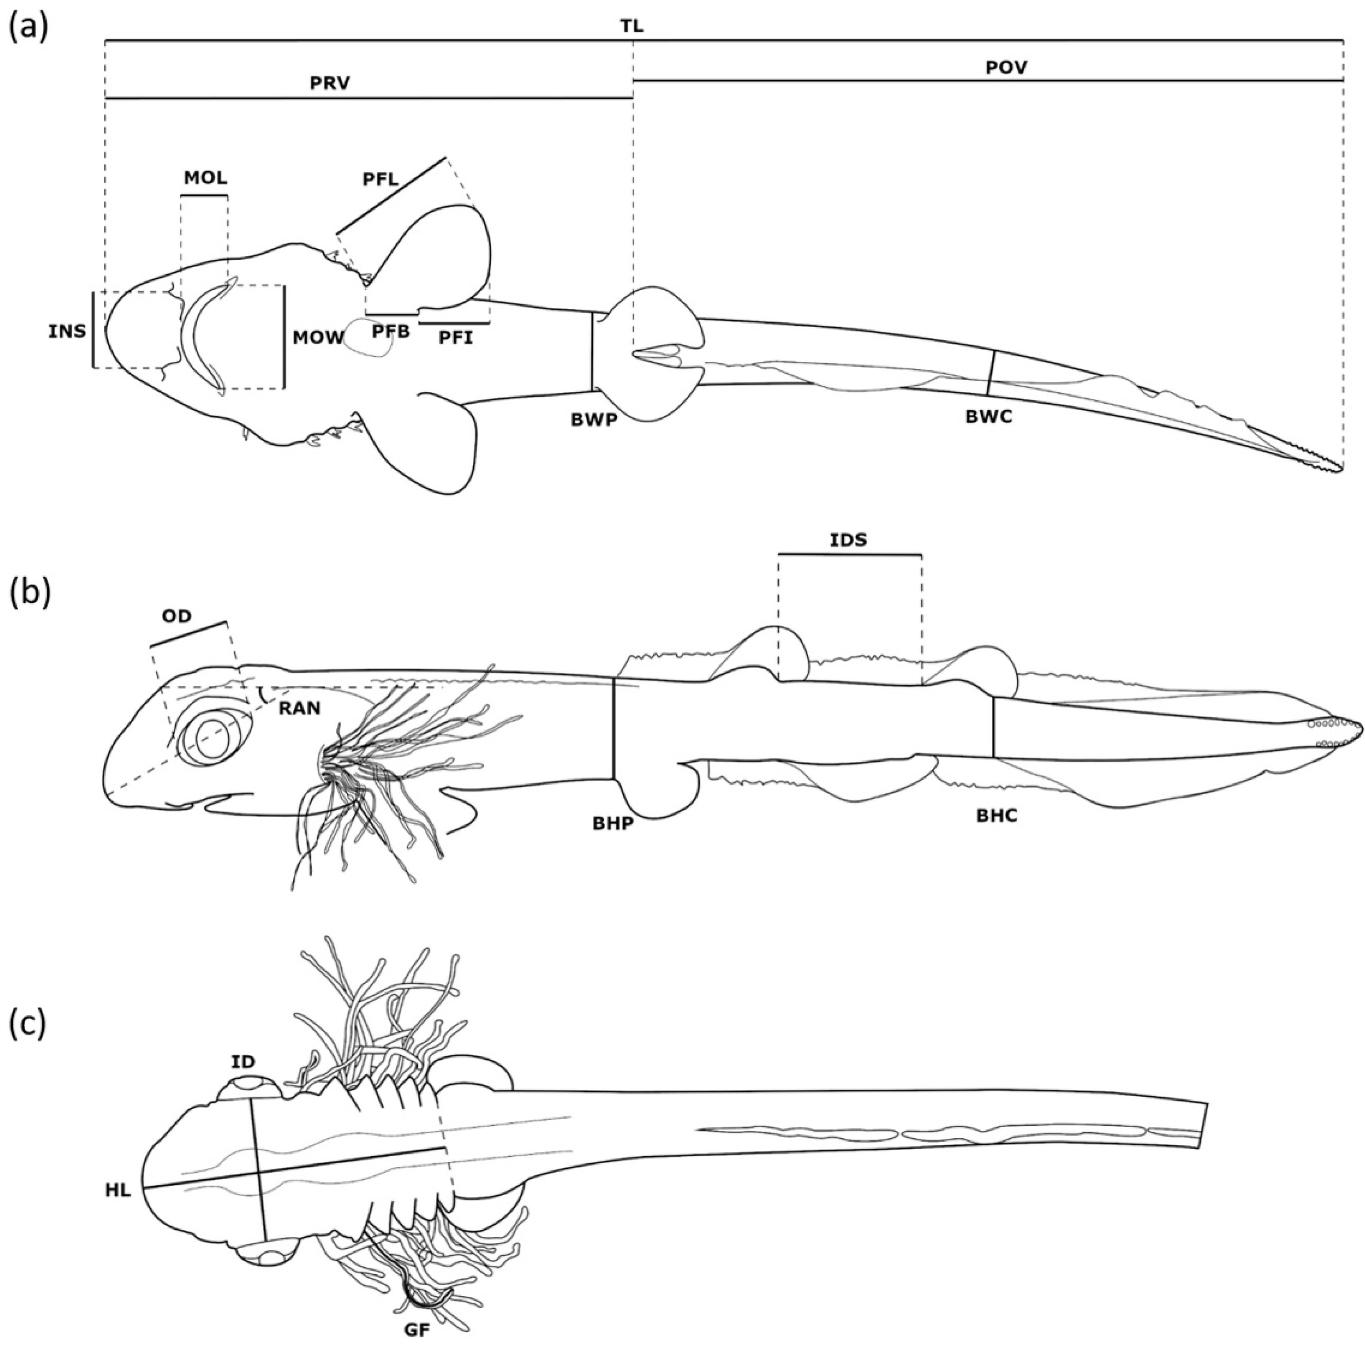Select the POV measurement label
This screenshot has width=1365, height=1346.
[1006, 68]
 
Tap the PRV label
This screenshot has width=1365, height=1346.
[330, 83]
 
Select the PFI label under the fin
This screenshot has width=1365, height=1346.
[456, 338]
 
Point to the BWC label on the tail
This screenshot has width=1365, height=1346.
[988, 417]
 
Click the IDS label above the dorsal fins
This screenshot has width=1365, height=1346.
[849, 540]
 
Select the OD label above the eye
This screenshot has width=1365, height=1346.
[176, 616]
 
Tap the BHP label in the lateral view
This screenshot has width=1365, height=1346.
[613, 824]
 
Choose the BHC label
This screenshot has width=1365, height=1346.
[997, 815]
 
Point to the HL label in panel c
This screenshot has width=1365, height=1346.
[118, 1190]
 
